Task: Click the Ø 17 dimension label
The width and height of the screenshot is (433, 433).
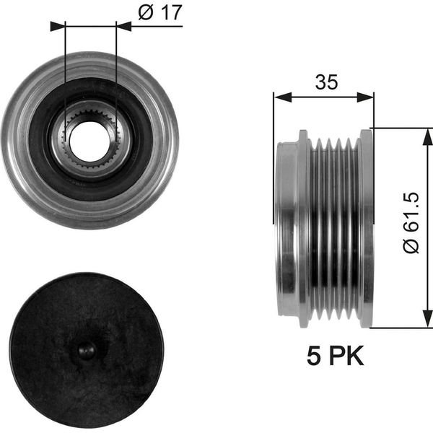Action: click(x=160, y=12)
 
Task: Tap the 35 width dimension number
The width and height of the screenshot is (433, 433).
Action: click(x=326, y=82)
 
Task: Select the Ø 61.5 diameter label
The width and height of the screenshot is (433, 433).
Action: click(x=411, y=222)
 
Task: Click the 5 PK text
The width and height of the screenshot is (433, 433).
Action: click(x=336, y=356)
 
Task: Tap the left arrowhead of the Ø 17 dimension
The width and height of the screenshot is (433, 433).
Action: click(x=58, y=27)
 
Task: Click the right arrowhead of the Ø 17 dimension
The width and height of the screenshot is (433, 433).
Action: click(x=123, y=27)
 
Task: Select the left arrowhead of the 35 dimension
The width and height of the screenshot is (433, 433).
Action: click(x=282, y=97)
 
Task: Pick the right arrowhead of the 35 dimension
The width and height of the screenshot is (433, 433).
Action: click(x=365, y=97)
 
